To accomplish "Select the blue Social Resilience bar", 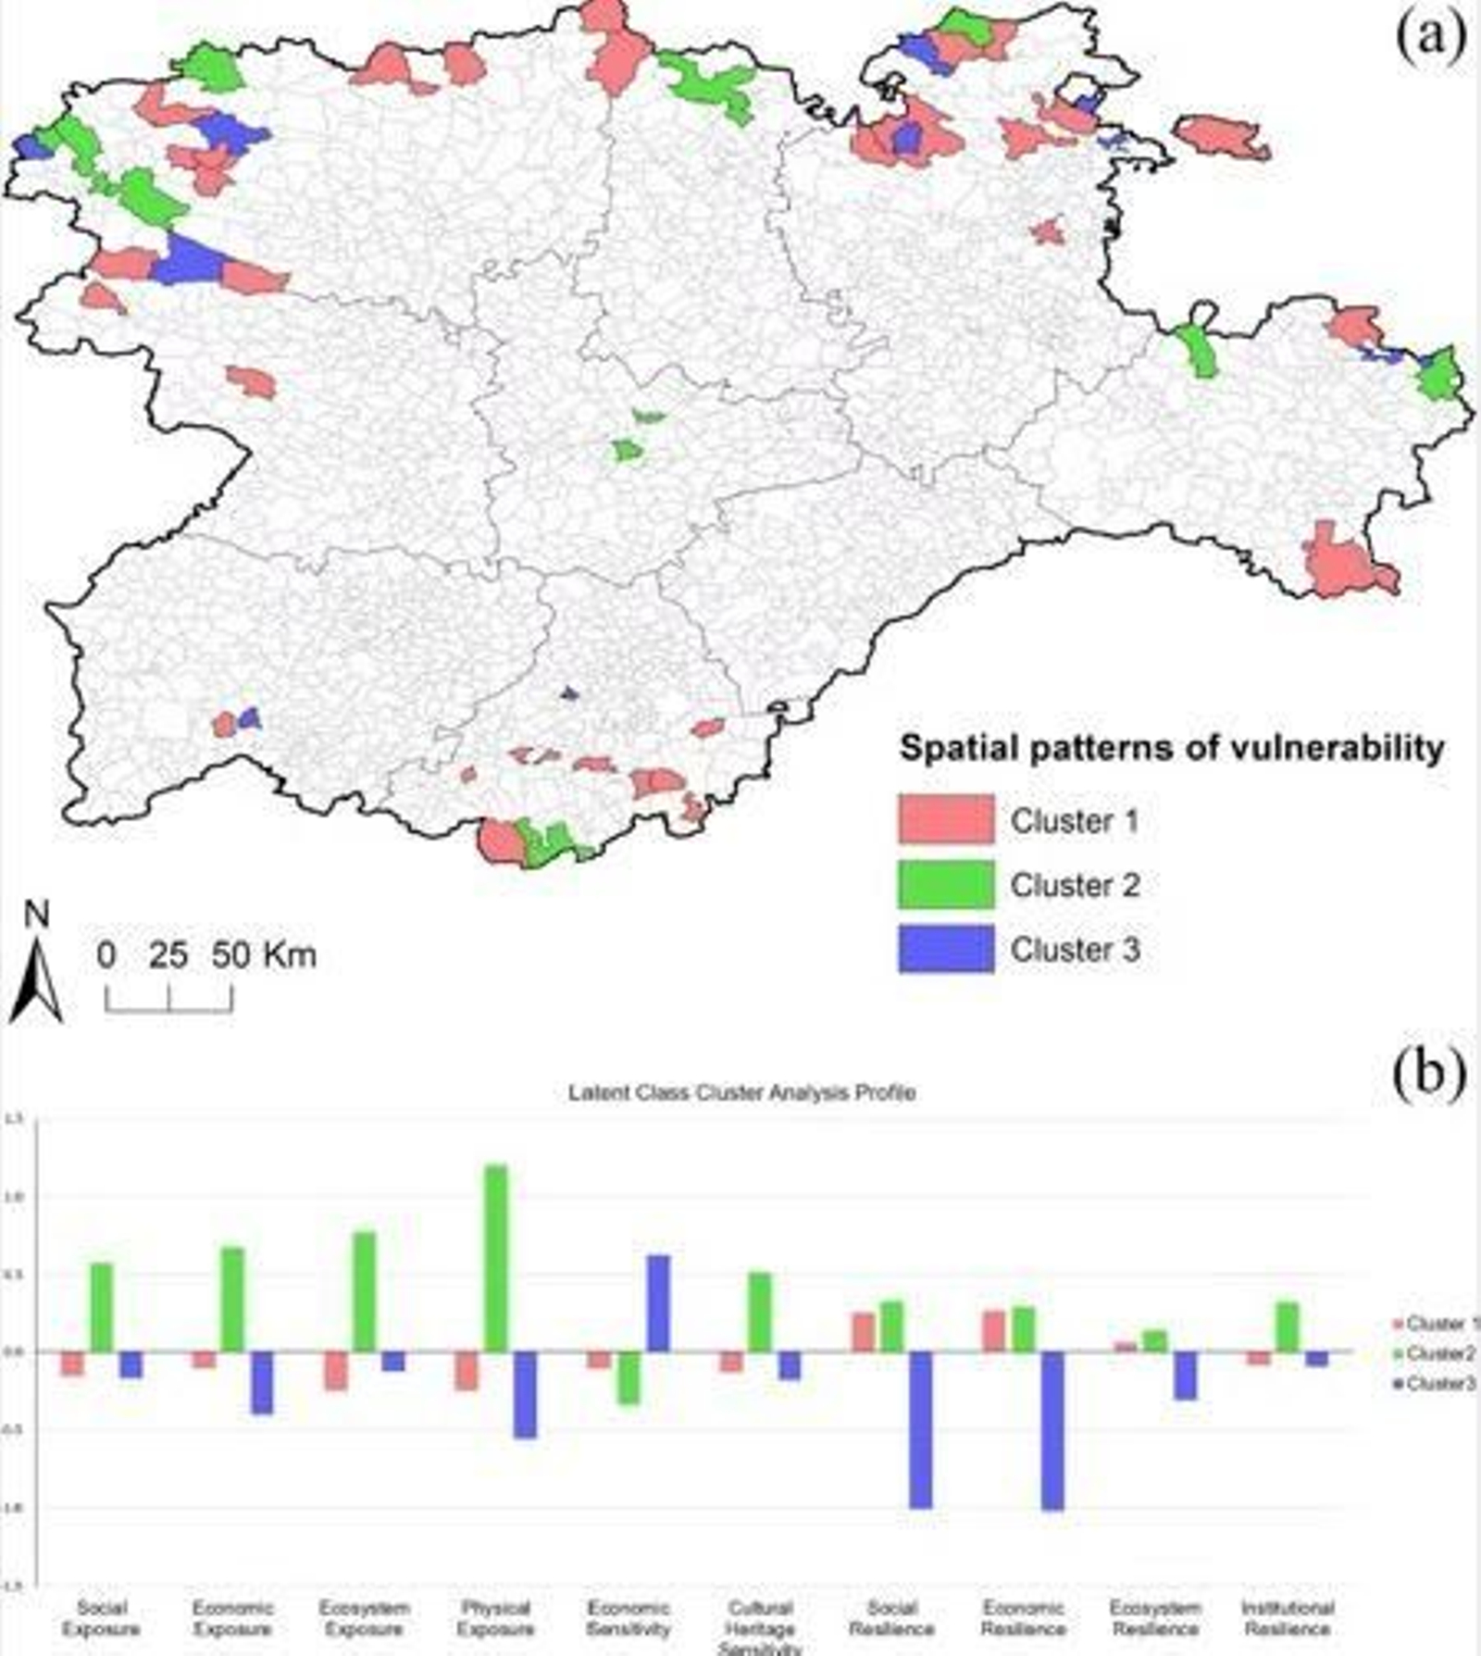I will tap(921, 1429).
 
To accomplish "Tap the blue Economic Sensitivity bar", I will tap(657, 1303).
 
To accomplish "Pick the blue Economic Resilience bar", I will tap(1052, 1430).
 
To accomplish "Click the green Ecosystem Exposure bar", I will tap(365, 1291).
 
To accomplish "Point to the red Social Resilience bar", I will tap(863, 1332).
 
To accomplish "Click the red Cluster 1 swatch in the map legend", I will tap(945, 820).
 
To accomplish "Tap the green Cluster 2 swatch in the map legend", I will tap(945, 885).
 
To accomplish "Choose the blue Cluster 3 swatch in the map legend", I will tap(945, 949).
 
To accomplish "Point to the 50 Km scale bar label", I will tap(264, 955).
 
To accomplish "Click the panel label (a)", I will tap(1429, 39).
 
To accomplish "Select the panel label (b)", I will tap(1429, 1073).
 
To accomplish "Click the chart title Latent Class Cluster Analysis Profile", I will tap(741, 1093).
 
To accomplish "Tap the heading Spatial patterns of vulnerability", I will tap(1172, 748).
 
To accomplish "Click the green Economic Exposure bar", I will tap(232, 1300).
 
